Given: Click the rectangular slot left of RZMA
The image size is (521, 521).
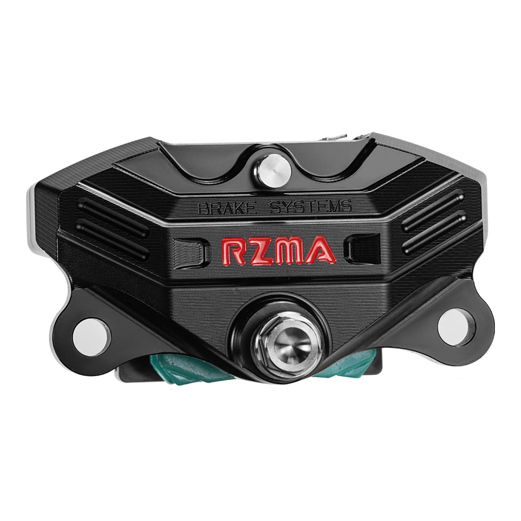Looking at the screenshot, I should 190,250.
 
